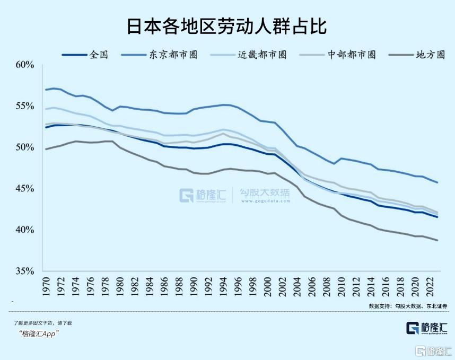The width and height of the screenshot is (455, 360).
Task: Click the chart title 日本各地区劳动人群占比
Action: [227, 27]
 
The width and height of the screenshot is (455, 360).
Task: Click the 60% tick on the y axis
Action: [25, 65]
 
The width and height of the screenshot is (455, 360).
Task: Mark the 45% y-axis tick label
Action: [25, 189]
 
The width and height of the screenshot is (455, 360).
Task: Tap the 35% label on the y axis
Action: [25, 271]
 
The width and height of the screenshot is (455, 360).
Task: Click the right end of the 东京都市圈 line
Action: [437, 182]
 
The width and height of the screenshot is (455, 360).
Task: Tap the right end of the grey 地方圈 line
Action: [437, 240]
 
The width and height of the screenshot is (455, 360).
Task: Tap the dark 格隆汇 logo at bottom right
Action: [427, 328]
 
